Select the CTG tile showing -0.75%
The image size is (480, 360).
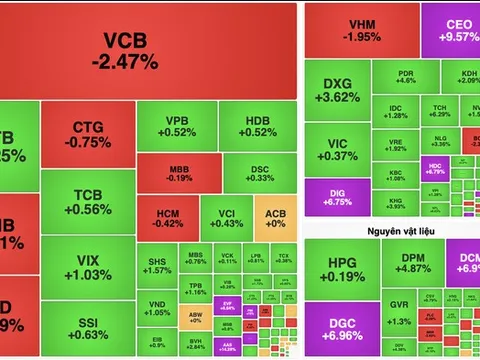(91, 135)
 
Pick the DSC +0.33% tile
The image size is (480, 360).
(260, 171)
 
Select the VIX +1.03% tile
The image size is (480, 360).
(91, 268)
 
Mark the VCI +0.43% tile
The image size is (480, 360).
(226, 217)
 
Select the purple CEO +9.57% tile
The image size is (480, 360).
(450, 31)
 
